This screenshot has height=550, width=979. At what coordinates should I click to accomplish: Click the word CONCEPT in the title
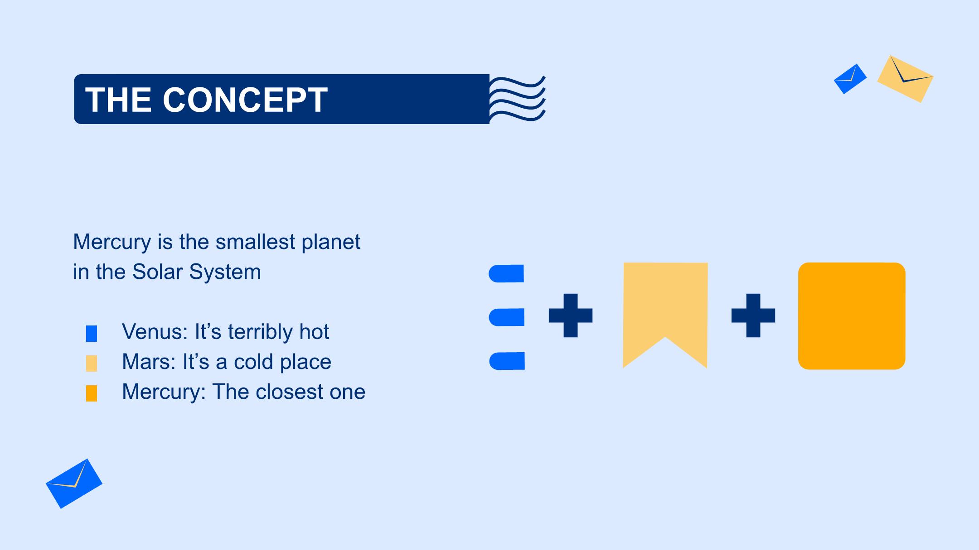point(245,99)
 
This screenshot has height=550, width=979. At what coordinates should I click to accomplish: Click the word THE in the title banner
point(118,99)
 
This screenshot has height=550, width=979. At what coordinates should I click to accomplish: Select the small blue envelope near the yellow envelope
point(850,79)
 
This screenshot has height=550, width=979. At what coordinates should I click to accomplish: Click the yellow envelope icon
point(905,79)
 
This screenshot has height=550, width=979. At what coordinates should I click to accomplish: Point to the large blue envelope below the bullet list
point(74,483)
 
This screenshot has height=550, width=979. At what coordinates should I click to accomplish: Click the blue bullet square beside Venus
point(92,334)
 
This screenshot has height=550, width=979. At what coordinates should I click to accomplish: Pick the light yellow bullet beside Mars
point(92,363)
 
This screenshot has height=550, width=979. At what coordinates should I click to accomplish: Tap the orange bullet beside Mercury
point(92,393)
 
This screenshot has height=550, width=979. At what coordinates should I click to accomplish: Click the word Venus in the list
point(155,332)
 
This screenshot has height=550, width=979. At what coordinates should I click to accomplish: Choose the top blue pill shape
point(506,273)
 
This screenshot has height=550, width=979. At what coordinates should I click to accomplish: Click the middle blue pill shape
point(506,317)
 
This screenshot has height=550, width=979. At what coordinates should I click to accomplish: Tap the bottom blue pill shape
point(507,361)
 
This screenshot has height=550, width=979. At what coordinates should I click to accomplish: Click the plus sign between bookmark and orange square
point(753,316)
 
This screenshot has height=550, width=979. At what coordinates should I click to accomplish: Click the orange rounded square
point(852,316)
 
